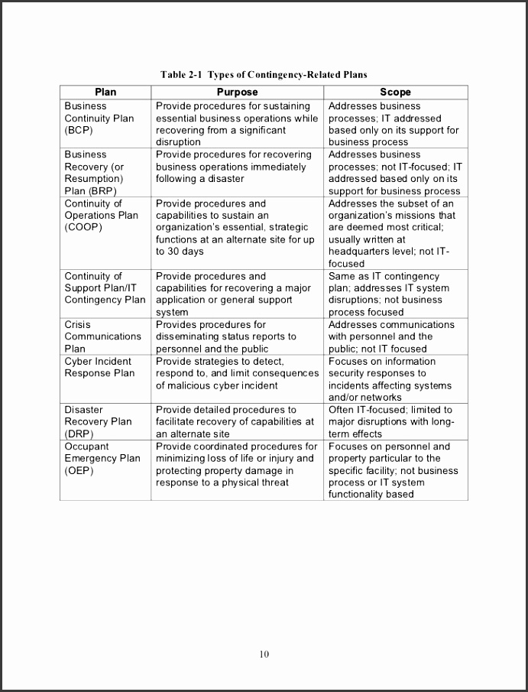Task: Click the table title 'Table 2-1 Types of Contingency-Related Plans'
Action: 264,74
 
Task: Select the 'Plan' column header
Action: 105,92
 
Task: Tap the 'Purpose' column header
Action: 237,92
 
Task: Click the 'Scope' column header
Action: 395,92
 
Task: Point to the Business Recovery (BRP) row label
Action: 94,173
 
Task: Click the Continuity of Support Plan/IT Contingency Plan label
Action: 105,288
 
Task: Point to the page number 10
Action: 264,654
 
